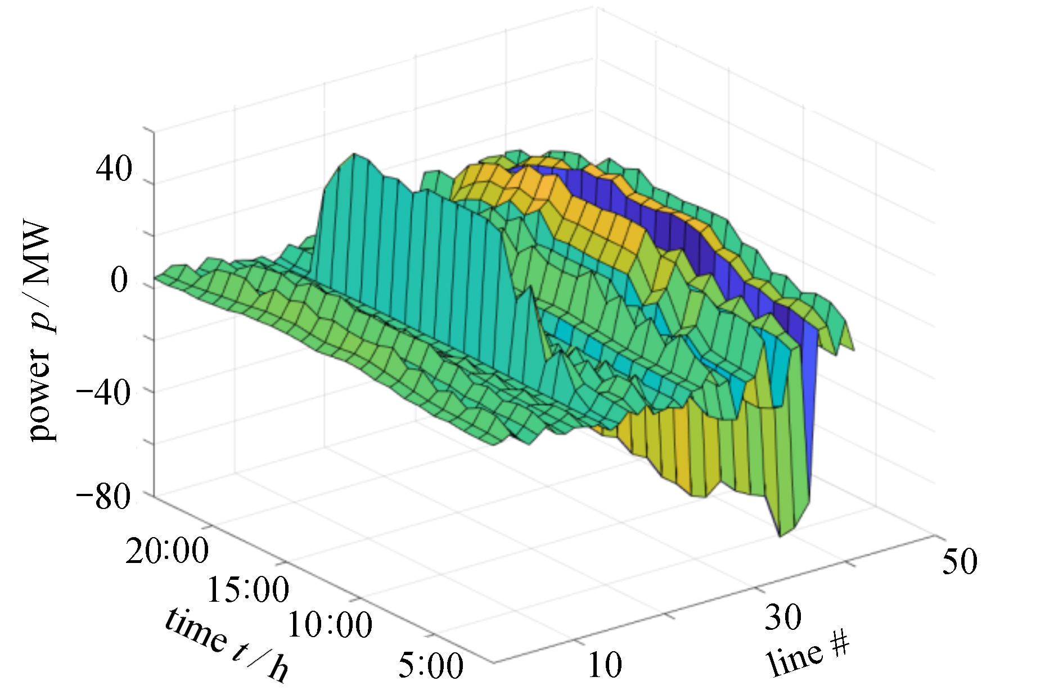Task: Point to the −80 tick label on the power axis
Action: point(104,497)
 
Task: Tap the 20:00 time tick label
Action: point(167,551)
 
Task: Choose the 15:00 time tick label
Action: point(248,590)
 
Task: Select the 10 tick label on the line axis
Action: point(605,665)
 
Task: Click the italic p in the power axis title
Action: point(42,323)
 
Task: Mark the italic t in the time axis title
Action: point(239,652)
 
